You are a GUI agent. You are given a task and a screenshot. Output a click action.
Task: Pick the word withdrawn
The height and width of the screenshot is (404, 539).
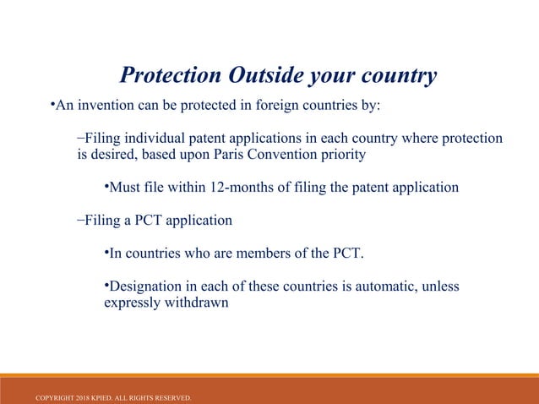[x=199, y=302]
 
